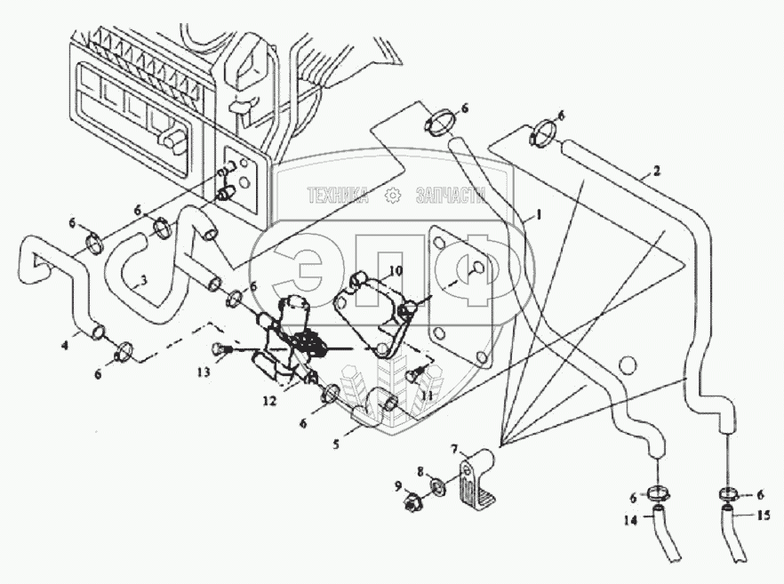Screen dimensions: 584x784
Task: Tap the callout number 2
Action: [656, 170]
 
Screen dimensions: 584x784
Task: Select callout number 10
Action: [396, 269]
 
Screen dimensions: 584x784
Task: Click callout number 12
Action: [268, 401]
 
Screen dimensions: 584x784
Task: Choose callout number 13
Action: [204, 372]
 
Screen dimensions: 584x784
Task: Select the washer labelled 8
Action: [438, 487]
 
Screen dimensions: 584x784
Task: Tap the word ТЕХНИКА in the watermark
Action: [338, 196]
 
